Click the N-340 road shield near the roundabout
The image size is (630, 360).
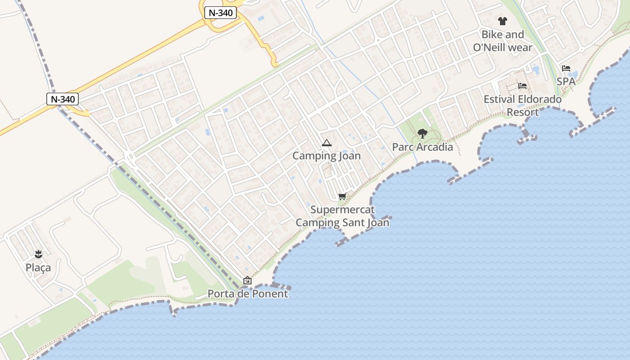pyautogui.click(x=220, y=13)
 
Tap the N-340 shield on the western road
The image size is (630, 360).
pyautogui.click(x=63, y=99)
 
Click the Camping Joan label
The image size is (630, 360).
pyautogui.click(x=327, y=156)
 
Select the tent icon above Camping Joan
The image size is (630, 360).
pyautogui.click(x=327, y=143)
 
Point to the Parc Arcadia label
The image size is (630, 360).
pyautogui.click(x=423, y=147)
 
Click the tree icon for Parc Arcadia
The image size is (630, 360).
pyautogui.click(x=422, y=133)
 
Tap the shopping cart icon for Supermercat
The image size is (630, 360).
pyautogui.click(x=342, y=196)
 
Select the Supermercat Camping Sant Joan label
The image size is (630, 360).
pyautogui.click(x=342, y=216)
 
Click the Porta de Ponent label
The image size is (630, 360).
pyautogui.click(x=247, y=294)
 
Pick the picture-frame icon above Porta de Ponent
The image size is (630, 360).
pyautogui.click(x=247, y=280)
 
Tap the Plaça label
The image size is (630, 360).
pyautogui.click(x=38, y=268)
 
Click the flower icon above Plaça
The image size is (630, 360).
pyautogui.click(x=38, y=254)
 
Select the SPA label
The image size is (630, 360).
pyautogui.click(x=566, y=81)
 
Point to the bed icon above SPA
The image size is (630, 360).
pyautogui.click(x=566, y=68)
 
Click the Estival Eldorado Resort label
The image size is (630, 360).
pyautogui.click(x=522, y=105)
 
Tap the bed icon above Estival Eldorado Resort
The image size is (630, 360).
pyautogui.click(x=522, y=85)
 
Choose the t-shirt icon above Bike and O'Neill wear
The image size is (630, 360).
pyautogui.click(x=503, y=21)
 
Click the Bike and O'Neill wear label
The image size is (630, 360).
pyautogui.click(x=503, y=40)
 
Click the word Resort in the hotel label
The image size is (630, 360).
pyautogui.click(x=522, y=112)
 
